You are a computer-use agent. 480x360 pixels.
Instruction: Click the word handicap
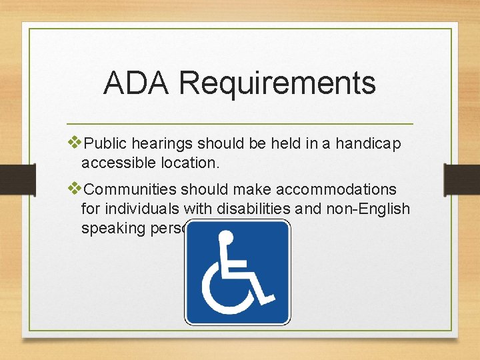369,143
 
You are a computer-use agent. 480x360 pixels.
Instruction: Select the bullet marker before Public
75,142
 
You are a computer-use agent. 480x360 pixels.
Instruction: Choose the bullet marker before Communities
75,189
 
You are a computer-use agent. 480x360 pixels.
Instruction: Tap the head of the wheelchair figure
227,237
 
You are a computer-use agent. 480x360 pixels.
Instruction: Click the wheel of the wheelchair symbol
227,290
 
